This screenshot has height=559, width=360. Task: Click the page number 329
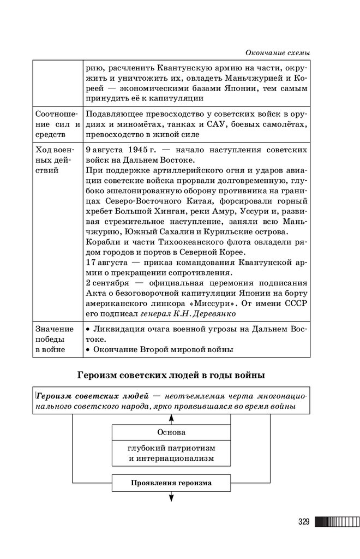pos(304,522)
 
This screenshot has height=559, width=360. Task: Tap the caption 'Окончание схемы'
pos(278,52)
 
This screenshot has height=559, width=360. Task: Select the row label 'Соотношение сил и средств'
pos(57,123)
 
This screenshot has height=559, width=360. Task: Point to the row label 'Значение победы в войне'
pos(55,339)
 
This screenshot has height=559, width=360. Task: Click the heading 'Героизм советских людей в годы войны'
pos(171,375)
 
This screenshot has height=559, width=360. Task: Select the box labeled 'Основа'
pos(171,432)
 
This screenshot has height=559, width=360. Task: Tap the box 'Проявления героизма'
pos(171,483)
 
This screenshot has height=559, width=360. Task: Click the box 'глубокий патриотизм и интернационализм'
pos(171,453)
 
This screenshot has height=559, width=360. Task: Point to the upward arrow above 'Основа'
pos(171,418)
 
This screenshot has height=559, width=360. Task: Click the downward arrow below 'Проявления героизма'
pos(171,497)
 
